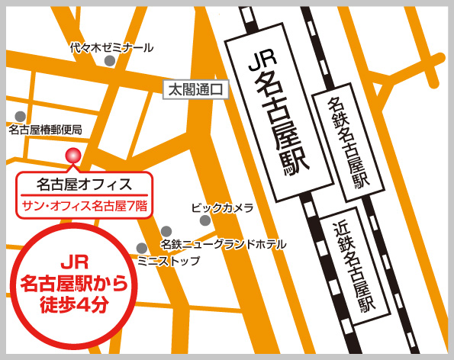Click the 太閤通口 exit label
(x=196, y=90)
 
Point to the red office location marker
(x=72, y=156)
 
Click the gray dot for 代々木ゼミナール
(x=110, y=60)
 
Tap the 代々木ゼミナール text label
(x=111, y=47)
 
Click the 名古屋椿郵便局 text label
(x=45, y=130)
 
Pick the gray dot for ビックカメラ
(x=204, y=220)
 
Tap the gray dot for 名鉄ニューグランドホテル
(x=166, y=231)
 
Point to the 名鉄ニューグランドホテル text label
(x=223, y=244)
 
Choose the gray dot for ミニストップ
(x=141, y=248)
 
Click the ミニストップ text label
(x=169, y=261)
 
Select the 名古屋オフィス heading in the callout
(x=85, y=184)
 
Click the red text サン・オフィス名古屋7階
(x=85, y=204)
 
